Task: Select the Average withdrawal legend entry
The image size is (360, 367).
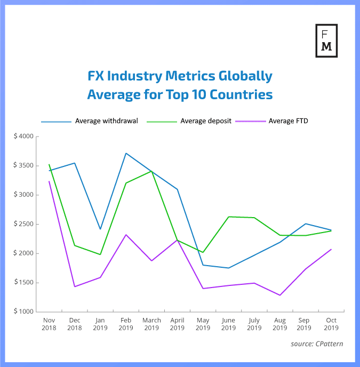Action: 107,121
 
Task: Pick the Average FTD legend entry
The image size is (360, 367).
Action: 289,121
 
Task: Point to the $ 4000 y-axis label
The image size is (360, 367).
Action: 23,137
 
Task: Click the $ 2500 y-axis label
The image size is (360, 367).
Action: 23,224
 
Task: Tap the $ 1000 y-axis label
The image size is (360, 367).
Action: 23,312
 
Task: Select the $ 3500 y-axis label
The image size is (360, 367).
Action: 23,166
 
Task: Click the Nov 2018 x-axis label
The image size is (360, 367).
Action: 49,323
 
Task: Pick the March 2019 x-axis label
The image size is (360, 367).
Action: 151,323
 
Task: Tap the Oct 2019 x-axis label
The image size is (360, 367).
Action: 331,323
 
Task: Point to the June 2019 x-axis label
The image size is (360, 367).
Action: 228,323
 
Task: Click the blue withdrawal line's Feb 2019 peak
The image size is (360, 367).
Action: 126,153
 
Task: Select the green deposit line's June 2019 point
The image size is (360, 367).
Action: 228,217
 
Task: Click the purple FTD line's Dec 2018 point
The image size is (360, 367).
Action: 75,286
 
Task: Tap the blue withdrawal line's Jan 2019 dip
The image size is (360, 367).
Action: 100,229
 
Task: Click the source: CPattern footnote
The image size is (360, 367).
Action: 317,344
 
